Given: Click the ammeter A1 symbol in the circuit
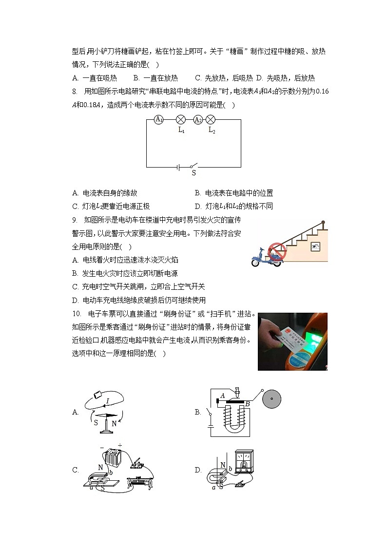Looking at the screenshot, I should click(158, 119).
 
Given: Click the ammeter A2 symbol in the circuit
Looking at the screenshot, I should click(198, 119).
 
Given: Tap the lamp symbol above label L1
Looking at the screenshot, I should click(180, 119).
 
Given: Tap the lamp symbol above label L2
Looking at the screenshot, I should click(211, 119).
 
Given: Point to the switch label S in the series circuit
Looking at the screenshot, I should click(193, 172).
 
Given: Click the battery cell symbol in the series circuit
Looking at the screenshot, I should click(179, 167).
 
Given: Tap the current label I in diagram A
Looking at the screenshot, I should click(107, 401).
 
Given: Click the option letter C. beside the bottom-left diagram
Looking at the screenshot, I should click(76, 470).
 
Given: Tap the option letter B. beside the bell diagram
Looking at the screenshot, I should click(198, 412).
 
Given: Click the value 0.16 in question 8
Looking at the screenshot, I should click(322, 91).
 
